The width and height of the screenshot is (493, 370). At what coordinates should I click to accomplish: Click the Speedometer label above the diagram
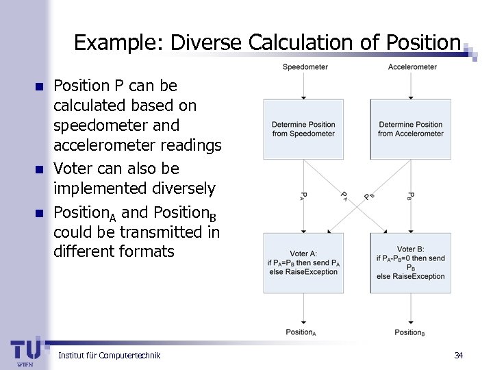click(305, 66)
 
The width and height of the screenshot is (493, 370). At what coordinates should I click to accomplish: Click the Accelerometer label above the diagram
click(412, 66)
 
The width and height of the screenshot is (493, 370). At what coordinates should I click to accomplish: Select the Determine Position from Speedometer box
click(303, 129)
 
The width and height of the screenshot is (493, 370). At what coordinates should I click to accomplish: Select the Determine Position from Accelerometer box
click(411, 129)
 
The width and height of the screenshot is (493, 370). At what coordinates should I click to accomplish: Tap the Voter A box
click(303, 263)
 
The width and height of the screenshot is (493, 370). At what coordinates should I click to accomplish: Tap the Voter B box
click(411, 263)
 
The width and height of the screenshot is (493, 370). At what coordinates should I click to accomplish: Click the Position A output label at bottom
click(301, 332)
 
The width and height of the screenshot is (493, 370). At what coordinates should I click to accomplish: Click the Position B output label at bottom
click(409, 332)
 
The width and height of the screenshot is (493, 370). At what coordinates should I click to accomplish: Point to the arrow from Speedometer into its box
click(304, 85)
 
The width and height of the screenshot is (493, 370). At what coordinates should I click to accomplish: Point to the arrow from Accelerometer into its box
click(411, 85)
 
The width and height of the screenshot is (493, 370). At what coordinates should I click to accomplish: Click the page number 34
click(459, 355)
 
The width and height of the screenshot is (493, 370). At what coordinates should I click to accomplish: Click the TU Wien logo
click(25, 351)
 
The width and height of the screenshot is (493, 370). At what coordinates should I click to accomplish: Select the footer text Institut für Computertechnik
click(110, 355)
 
